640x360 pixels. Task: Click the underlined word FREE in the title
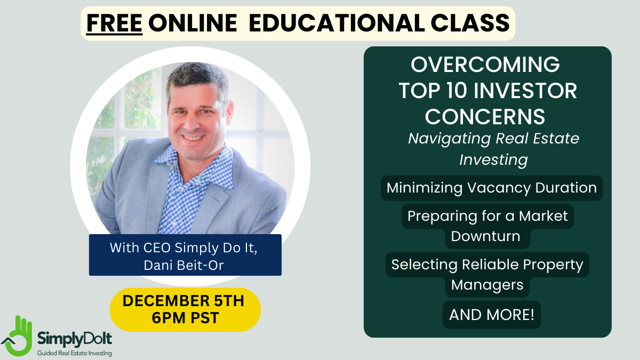coord(114,23)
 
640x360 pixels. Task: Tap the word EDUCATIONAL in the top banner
coord(337,23)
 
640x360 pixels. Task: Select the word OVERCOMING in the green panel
coord(485,65)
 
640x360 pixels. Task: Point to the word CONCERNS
coord(485,117)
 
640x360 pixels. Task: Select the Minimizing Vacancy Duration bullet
coord(492,188)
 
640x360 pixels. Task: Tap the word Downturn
coord(486,236)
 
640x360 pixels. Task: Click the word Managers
coord(487,285)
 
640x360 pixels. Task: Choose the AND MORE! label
coord(492,315)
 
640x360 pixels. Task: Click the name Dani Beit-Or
coord(183,265)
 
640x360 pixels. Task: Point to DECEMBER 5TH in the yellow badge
coord(183,301)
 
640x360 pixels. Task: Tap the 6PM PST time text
coord(185,318)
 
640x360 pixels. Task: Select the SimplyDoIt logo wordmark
coord(75,339)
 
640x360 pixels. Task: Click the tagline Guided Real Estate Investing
coord(75,353)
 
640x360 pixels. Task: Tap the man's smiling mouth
coord(194,138)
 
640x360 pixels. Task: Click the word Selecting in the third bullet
coord(425,265)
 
